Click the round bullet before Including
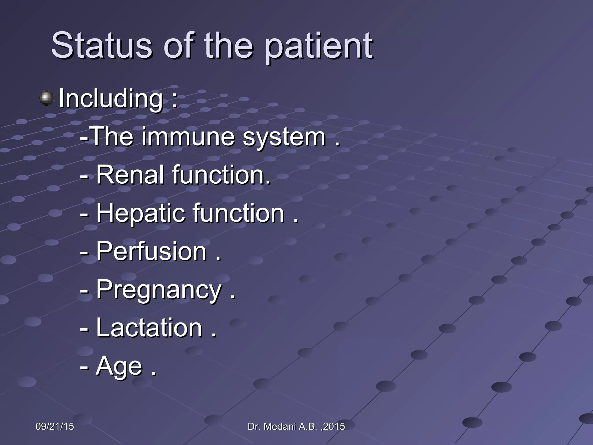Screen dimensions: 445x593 click(x=46, y=98)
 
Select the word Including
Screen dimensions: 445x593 click(x=111, y=99)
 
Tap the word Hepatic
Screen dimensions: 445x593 click(x=140, y=214)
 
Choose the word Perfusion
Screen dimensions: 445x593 click(x=151, y=251)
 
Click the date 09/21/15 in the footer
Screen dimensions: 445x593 click(x=55, y=426)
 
